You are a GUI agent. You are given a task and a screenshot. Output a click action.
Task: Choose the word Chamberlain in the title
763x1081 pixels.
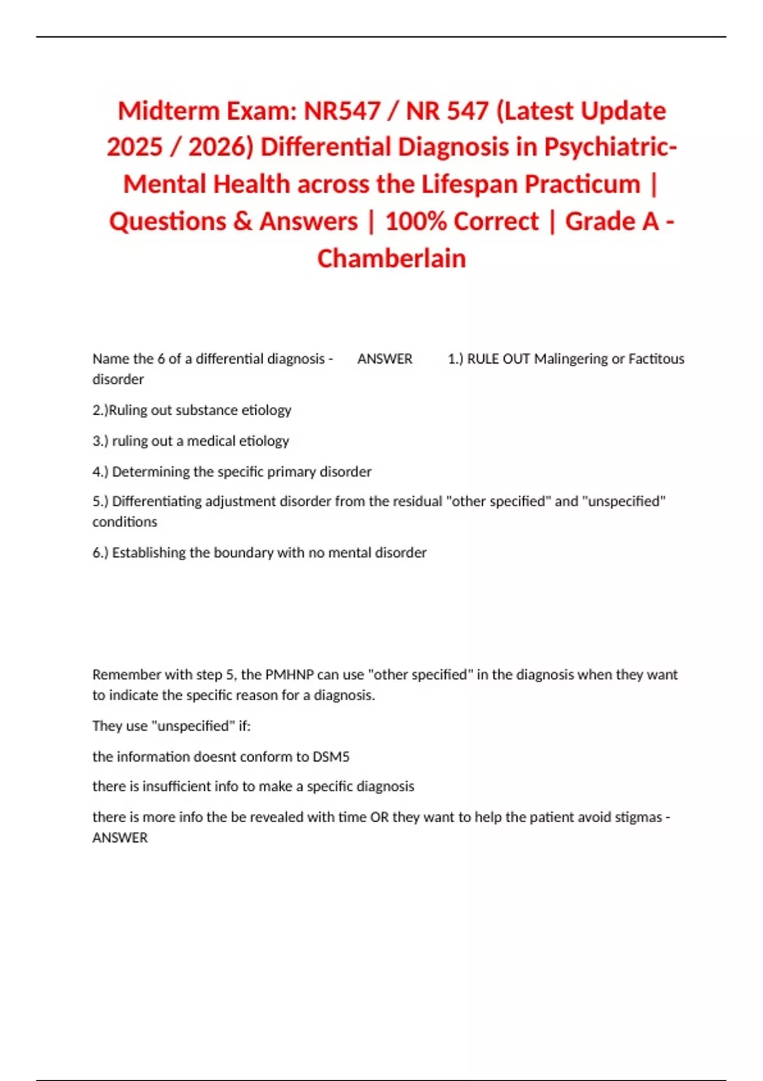coord(392,259)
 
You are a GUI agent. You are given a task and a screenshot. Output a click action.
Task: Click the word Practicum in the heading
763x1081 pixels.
coord(582,184)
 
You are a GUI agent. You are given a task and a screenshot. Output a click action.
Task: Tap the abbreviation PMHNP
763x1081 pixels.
coord(289,675)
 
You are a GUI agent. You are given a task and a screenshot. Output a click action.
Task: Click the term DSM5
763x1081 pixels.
coord(331,757)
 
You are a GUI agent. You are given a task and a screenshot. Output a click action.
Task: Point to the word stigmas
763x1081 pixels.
coord(638,817)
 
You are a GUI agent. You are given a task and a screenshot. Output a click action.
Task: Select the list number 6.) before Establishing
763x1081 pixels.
coord(100,553)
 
